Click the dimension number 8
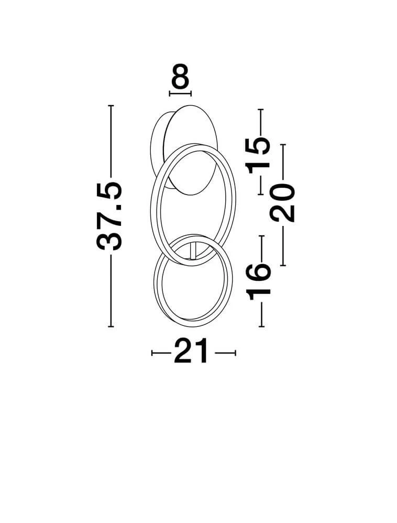(180, 77)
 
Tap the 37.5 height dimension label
(109, 216)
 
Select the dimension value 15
(258, 155)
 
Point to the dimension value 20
(282, 203)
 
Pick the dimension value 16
(258, 282)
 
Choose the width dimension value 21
(191, 350)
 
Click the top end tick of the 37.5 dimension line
(111, 106)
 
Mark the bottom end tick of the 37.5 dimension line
(111, 326)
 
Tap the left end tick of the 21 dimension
(152, 353)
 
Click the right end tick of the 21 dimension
(235, 353)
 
